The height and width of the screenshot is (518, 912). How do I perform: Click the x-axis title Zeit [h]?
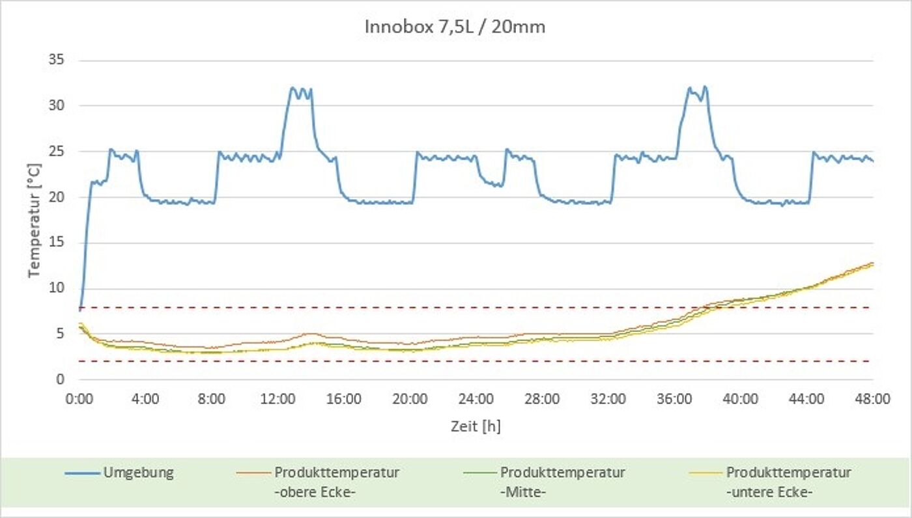[x=476, y=426]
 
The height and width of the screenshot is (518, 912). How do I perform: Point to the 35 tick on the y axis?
[x=58, y=61]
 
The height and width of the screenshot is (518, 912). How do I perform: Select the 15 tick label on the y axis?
[x=58, y=243]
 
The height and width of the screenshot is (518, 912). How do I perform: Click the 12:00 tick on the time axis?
[x=278, y=398]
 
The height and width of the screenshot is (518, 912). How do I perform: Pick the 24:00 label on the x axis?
[x=476, y=398]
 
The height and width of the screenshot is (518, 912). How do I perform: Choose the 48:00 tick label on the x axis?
[x=873, y=398]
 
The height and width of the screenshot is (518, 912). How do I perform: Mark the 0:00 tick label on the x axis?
[x=79, y=398]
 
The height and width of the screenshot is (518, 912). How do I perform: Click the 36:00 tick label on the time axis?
[x=674, y=398]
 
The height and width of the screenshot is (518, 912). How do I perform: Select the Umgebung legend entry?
[x=138, y=473]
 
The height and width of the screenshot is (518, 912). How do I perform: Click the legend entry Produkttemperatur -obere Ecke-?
[x=337, y=482]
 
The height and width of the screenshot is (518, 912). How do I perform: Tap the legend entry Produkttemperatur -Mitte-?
[x=562, y=482]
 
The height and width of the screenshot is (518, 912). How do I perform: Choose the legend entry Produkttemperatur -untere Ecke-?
[x=788, y=482]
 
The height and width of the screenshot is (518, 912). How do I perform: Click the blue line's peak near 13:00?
[x=292, y=87]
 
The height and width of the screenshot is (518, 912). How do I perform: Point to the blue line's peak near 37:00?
[x=689, y=87]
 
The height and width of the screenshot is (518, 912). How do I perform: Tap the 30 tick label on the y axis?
[x=58, y=106]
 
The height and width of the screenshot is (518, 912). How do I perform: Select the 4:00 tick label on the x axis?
[x=145, y=398]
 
